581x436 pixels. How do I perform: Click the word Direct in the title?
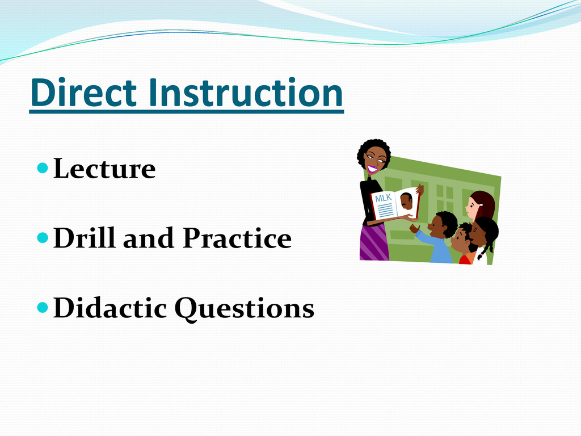(x=84, y=93)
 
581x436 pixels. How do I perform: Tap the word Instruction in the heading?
(x=246, y=93)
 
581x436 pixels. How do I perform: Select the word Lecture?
(x=104, y=169)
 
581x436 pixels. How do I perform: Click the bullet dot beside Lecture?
(x=43, y=168)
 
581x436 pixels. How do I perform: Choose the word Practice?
(x=237, y=237)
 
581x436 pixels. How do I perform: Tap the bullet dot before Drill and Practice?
(x=43, y=238)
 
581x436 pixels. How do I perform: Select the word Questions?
(x=245, y=308)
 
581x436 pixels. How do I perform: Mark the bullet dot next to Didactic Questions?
(x=43, y=307)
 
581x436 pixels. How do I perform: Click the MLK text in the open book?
(x=383, y=198)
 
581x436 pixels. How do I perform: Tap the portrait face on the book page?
(x=406, y=202)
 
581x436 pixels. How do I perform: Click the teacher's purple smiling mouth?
(x=372, y=169)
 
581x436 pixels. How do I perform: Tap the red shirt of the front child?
(x=465, y=259)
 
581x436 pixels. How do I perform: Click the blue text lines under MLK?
(x=386, y=211)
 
